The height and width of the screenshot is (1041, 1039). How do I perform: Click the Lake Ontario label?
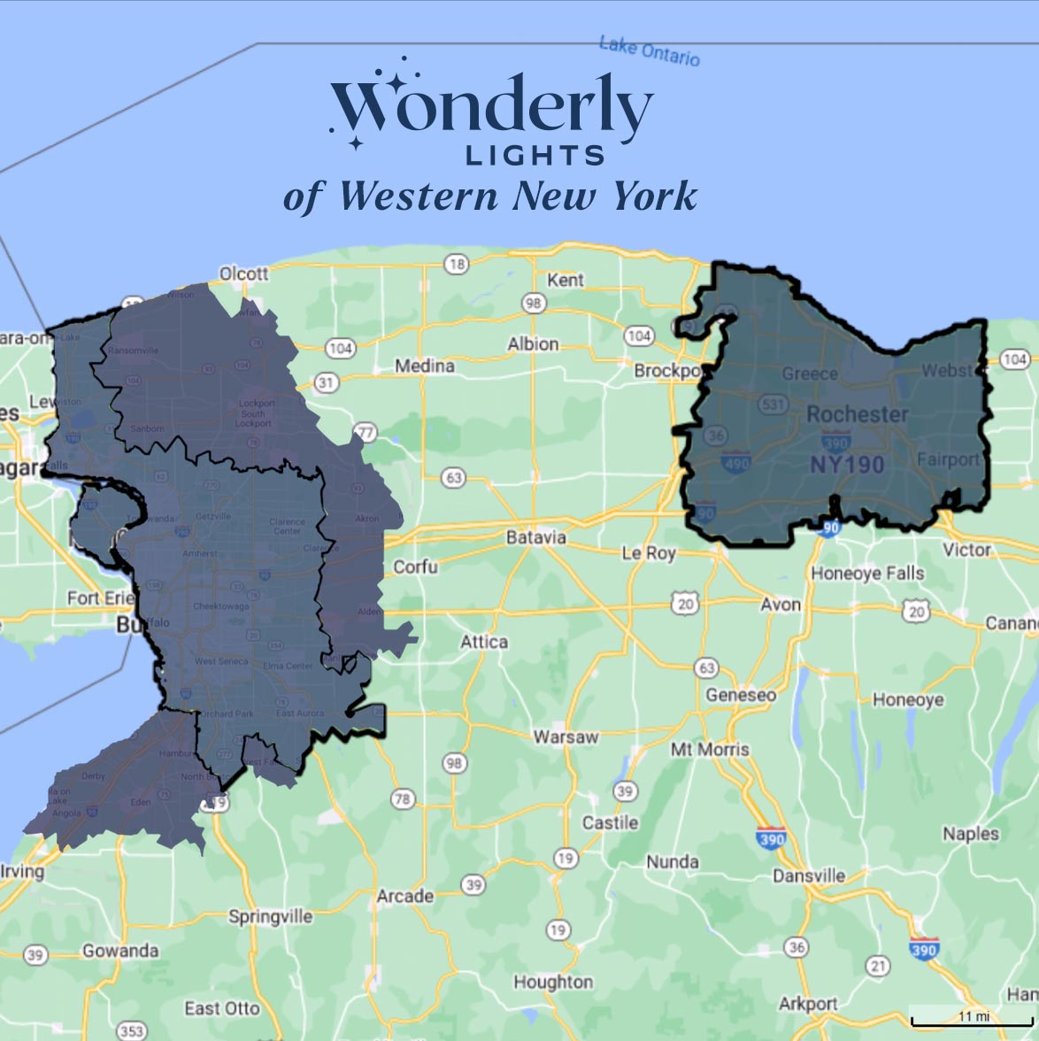click(x=649, y=50)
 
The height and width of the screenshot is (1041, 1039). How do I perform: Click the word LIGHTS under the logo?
click(x=535, y=157)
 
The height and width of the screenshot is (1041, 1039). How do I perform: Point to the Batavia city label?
click(x=536, y=537)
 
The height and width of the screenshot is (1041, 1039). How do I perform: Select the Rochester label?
click(x=857, y=414)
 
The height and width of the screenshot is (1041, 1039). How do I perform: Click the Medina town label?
click(x=425, y=366)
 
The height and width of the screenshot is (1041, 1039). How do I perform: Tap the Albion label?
click(x=533, y=343)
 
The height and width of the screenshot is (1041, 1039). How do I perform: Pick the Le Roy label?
click(x=649, y=553)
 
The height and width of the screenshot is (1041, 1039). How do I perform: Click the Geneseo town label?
click(x=741, y=695)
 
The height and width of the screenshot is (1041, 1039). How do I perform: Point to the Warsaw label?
click(x=566, y=736)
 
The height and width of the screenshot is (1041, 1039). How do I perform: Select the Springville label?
click(x=270, y=916)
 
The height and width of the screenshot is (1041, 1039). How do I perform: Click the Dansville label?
click(x=809, y=875)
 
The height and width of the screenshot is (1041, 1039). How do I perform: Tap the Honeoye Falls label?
click(x=867, y=574)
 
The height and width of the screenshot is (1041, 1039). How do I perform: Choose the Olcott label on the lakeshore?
click(x=243, y=274)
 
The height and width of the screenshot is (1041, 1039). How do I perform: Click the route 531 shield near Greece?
click(x=773, y=405)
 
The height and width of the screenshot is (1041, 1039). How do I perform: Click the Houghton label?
click(x=553, y=982)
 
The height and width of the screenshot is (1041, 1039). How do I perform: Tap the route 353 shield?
click(x=132, y=1031)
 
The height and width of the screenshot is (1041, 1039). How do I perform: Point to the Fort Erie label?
click(x=100, y=598)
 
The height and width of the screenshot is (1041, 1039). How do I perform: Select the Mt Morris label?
click(x=710, y=750)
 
